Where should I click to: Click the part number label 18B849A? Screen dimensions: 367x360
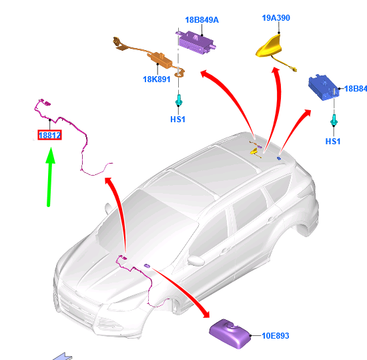pyautogui.click(x=202, y=20)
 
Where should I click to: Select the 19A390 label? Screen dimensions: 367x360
pyautogui.click(x=276, y=18)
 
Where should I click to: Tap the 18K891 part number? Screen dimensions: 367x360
pyautogui.click(x=157, y=79)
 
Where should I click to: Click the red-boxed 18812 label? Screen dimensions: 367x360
pyautogui.click(x=49, y=135)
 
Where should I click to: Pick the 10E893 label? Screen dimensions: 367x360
pyautogui.click(x=275, y=336)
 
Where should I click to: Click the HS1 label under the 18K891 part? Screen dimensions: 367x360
pyautogui.click(x=177, y=120)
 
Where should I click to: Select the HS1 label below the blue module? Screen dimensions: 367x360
pyautogui.click(x=333, y=141)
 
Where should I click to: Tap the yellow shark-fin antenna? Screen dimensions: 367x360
pyautogui.click(x=269, y=46)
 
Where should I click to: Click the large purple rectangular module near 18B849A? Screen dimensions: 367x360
pyautogui.click(x=196, y=42)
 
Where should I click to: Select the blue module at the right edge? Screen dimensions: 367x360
pyautogui.click(x=324, y=87)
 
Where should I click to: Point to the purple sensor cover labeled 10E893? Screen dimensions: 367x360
pyautogui.click(x=230, y=333)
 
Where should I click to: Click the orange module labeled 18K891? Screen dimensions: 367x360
pyautogui.click(x=160, y=61)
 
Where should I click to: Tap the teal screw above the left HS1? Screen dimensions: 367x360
pyautogui.click(x=179, y=100)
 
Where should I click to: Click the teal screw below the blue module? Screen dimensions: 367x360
pyautogui.click(x=334, y=120)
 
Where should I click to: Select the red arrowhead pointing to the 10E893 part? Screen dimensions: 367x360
pyautogui.click(x=205, y=313)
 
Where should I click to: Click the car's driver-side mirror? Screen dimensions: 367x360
pyautogui.click(x=196, y=260)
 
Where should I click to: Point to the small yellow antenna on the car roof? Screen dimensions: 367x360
pyautogui.click(x=254, y=152)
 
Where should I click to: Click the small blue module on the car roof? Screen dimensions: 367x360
pyautogui.click(x=279, y=158)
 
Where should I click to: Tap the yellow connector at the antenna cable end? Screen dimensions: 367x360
pyautogui.click(x=294, y=69)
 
